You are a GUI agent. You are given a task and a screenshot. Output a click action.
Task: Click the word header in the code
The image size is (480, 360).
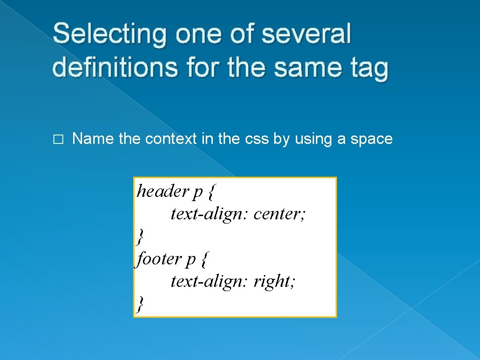(x=162, y=191)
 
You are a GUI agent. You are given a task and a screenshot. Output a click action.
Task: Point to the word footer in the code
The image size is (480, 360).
(x=158, y=259)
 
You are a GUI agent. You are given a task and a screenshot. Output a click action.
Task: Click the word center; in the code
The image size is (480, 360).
(x=280, y=214)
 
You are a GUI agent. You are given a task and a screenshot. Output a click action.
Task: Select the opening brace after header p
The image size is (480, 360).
(x=212, y=192)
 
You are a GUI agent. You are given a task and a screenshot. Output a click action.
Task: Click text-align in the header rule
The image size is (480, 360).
(x=210, y=214)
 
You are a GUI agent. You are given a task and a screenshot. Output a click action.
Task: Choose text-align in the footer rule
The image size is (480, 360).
(x=210, y=281)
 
